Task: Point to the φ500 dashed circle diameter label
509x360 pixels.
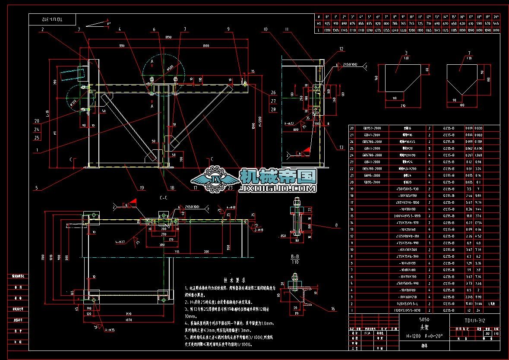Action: coord(171,66)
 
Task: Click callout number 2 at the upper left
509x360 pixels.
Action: coord(43,29)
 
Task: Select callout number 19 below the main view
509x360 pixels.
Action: coord(142,188)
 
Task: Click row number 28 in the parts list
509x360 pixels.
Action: coord(352,128)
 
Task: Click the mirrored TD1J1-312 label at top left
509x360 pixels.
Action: coord(52,20)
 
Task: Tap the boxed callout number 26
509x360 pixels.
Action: coord(273,92)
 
